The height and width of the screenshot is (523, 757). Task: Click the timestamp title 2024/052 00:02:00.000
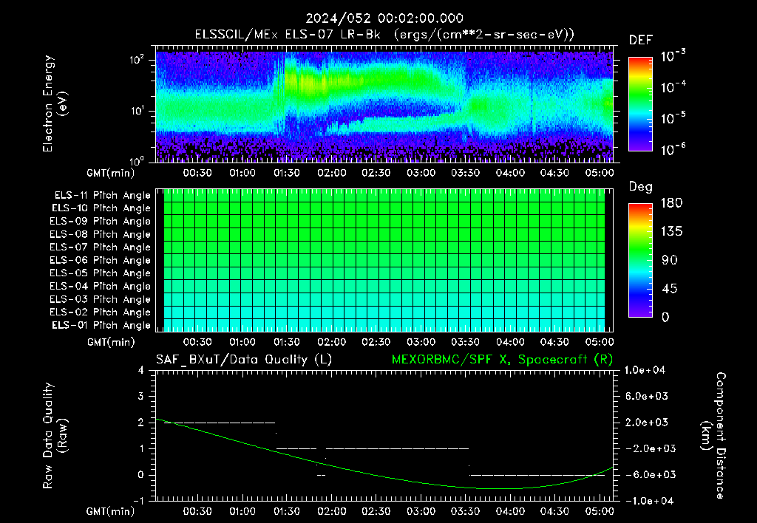[384, 18]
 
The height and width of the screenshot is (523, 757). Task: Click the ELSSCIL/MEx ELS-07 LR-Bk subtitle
[288, 35]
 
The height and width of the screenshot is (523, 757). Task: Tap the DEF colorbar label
[641, 40]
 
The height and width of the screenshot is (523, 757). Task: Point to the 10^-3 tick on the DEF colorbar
[673, 56]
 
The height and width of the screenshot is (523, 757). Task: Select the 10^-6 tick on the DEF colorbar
[673, 149]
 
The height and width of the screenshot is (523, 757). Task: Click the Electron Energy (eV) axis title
[55, 103]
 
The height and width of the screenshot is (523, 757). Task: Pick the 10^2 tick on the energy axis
[137, 60]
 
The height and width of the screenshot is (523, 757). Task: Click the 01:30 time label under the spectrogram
[287, 173]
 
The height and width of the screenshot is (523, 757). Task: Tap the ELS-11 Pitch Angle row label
[102, 196]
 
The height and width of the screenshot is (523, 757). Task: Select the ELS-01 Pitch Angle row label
[101, 325]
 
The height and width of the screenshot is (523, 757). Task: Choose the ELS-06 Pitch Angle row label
[100, 260]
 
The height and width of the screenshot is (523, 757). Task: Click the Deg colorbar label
[641, 187]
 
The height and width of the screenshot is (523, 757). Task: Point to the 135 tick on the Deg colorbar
[671, 231]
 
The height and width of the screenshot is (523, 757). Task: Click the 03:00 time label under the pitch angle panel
[421, 342]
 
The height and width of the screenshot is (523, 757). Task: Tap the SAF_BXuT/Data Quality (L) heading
[244, 360]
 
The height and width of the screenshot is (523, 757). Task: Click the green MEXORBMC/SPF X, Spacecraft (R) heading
[502, 360]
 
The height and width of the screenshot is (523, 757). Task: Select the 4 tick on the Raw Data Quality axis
[141, 370]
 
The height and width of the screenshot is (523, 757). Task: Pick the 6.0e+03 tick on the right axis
[646, 396]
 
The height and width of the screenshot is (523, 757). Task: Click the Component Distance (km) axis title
[713, 436]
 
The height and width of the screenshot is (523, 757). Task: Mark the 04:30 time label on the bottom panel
[554, 511]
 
